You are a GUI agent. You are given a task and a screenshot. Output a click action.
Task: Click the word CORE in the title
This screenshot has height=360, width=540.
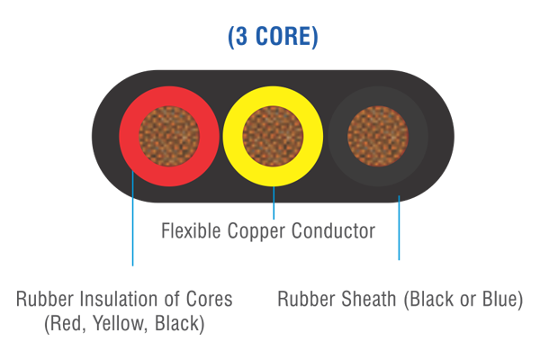coord(283,36)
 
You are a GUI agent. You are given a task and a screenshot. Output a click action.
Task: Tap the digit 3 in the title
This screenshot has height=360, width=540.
coord(241,36)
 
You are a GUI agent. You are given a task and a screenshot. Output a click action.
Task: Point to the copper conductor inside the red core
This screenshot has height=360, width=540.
coord(169,136)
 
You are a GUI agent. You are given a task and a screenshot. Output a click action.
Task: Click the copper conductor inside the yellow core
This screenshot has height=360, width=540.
coord(273,136)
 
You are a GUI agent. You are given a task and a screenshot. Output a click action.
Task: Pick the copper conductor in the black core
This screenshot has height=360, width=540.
coord(378,136)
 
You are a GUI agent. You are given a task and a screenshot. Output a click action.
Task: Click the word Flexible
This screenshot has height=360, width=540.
coord(191,230)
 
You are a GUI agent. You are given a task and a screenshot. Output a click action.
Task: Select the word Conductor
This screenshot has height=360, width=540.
coord(333,230)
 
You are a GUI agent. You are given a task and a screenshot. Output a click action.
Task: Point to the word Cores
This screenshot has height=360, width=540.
coord(210,299)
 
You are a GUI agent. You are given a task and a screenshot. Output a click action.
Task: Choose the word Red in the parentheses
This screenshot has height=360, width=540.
coord(66,324)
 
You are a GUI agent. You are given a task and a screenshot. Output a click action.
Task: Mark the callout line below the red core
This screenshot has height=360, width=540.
coord(133,218)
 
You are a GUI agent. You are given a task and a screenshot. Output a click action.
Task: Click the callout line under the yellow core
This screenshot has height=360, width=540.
coord(274,202)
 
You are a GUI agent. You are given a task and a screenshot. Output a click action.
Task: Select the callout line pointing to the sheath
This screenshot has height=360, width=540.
coord(399,228)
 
